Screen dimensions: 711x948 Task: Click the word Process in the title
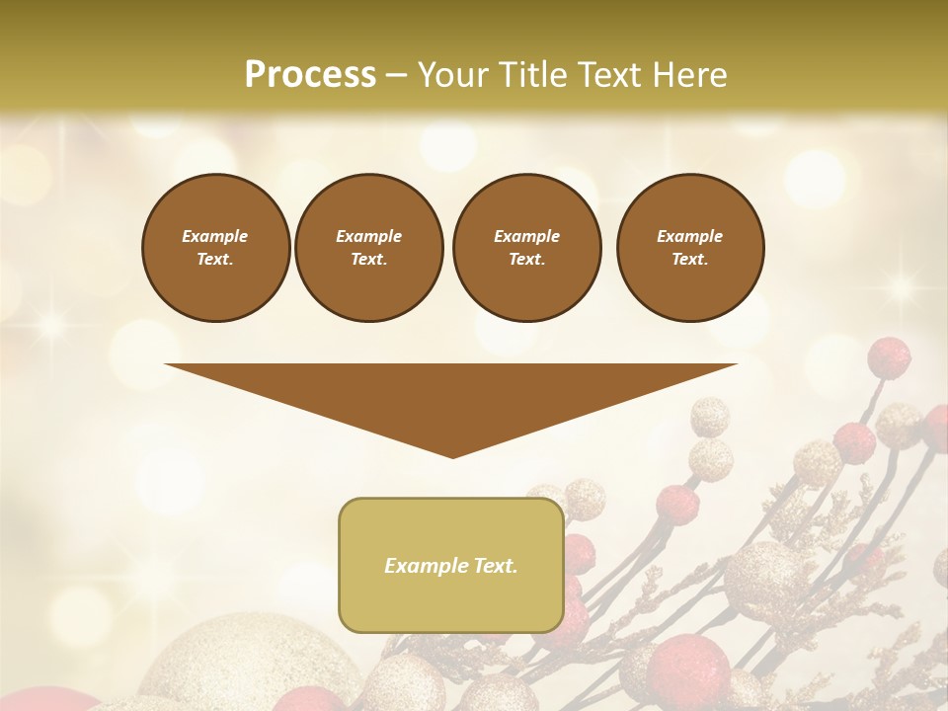pyautogui.click(x=310, y=75)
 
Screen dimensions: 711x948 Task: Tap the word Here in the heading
pyautogui.click(x=689, y=75)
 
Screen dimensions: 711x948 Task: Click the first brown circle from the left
pyautogui.click(x=215, y=247)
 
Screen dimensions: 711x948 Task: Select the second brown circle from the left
pyautogui.click(x=368, y=247)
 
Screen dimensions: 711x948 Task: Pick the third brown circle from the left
pyautogui.click(x=526, y=247)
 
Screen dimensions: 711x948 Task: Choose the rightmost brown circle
pyautogui.click(x=689, y=247)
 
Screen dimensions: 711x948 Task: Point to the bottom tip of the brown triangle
pyautogui.click(x=452, y=456)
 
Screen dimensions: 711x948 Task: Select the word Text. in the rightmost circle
pyautogui.click(x=689, y=259)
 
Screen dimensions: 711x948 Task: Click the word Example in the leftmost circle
pyautogui.click(x=215, y=236)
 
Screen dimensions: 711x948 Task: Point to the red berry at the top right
pyautogui.click(x=889, y=357)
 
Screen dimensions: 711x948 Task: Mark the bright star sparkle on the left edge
pyautogui.click(x=49, y=327)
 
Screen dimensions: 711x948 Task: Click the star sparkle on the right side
pyautogui.click(x=899, y=287)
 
